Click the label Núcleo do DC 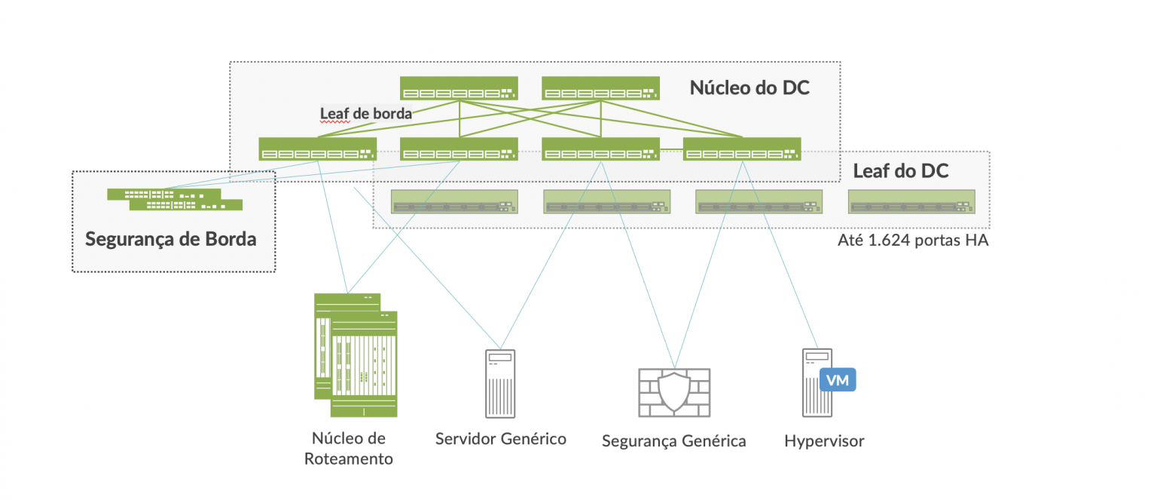point(749,87)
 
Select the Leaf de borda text point(366,114)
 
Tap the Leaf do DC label point(900,171)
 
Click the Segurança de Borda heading point(171,239)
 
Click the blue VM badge point(838,381)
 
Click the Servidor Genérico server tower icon point(500,382)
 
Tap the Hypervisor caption point(824,441)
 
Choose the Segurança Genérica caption point(673,441)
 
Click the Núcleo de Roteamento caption point(349,449)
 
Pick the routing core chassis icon point(356,354)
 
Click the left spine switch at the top point(458,88)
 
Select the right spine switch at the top point(600,88)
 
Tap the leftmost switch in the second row point(317,149)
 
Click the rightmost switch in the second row point(742,149)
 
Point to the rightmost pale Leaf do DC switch point(911,202)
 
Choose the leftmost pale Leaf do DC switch point(454,202)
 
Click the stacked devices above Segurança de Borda point(175,199)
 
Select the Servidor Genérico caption point(500,438)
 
